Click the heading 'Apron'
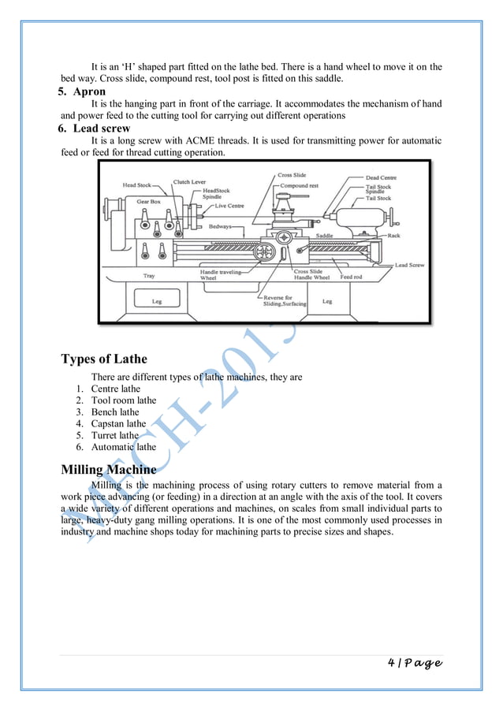(x=87, y=91)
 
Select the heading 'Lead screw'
(x=99, y=128)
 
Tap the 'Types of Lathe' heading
(x=104, y=360)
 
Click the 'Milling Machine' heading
(x=109, y=471)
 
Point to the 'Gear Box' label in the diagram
(x=148, y=201)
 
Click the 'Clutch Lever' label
(x=189, y=181)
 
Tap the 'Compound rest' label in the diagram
(x=300, y=186)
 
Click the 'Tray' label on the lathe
(x=149, y=276)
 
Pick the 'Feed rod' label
(x=351, y=277)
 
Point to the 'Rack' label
(x=393, y=235)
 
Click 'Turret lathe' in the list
(x=114, y=435)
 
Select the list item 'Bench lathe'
(x=115, y=411)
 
